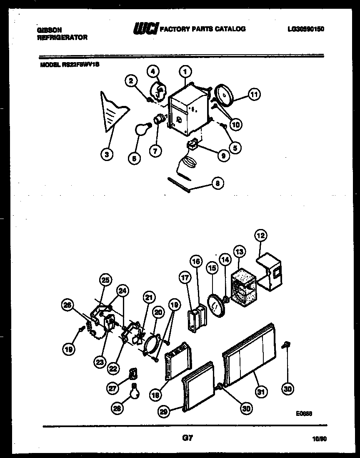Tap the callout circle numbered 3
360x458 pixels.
coord(107,154)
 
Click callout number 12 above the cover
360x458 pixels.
coord(261,236)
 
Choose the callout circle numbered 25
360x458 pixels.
coord(105,280)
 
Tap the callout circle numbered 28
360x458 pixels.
coord(118,409)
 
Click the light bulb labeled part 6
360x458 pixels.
coord(140,130)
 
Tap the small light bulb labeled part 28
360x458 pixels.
coord(134,393)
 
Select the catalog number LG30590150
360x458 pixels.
coord(305,29)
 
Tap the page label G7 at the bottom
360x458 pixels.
coord(187,438)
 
